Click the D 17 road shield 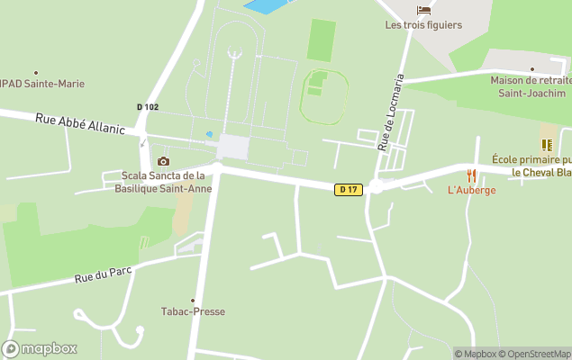point(348,189)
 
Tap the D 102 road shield point(148,107)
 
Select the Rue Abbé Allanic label point(80,123)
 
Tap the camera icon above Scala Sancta point(163,161)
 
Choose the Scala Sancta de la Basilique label point(163,182)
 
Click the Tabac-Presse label point(193,312)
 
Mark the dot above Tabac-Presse point(193,300)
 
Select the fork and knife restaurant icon point(471,175)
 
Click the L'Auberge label point(471,190)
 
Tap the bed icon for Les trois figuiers point(423,11)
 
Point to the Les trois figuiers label point(423,25)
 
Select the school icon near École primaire point(547,144)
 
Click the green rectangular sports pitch point(321,40)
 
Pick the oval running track point(324,95)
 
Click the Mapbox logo point(40,348)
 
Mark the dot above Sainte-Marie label point(36,72)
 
